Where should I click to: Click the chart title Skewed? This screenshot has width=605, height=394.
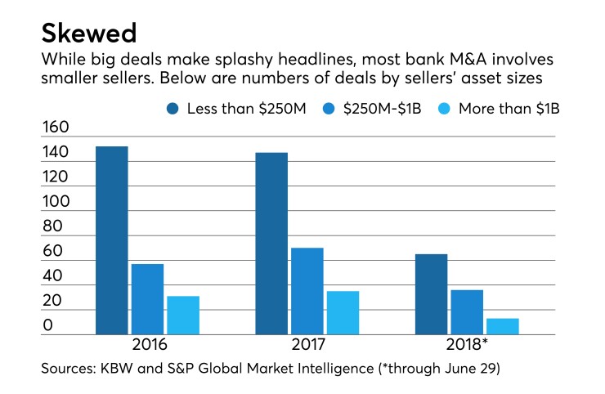pyautogui.click(x=89, y=34)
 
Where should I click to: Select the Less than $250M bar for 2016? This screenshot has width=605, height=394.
pyautogui.click(x=111, y=240)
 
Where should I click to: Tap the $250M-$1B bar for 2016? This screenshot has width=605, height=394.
pyautogui.click(x=147, y=299)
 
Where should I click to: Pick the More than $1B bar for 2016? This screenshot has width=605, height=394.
pyautogui.click(x=183, y=316)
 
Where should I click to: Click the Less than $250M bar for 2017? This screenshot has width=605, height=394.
pyautogui.click(x=271, y=244)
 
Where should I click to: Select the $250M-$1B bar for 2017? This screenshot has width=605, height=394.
pyautogui.click(x=307, y=291)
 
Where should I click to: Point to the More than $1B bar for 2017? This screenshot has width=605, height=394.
pyautogui.click(x=343, y=313)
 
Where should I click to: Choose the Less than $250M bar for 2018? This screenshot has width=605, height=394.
pyautogui.click(x=431, y=294)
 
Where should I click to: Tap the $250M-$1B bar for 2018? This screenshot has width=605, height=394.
pyautogui.click(x=467, y=312)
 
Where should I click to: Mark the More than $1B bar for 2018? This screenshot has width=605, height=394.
pyautogui.click(x=503, y=326)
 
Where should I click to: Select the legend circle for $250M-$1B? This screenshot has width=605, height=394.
pyautogui.click(x=329, y=109)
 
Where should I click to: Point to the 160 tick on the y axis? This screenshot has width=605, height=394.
pyautogui.click(x=57, y=128)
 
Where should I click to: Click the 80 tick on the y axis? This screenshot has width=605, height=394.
pyautogui.click(x=54, y=226)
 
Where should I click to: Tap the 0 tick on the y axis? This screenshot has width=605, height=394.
pyautogui.click(x=48, y=325)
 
